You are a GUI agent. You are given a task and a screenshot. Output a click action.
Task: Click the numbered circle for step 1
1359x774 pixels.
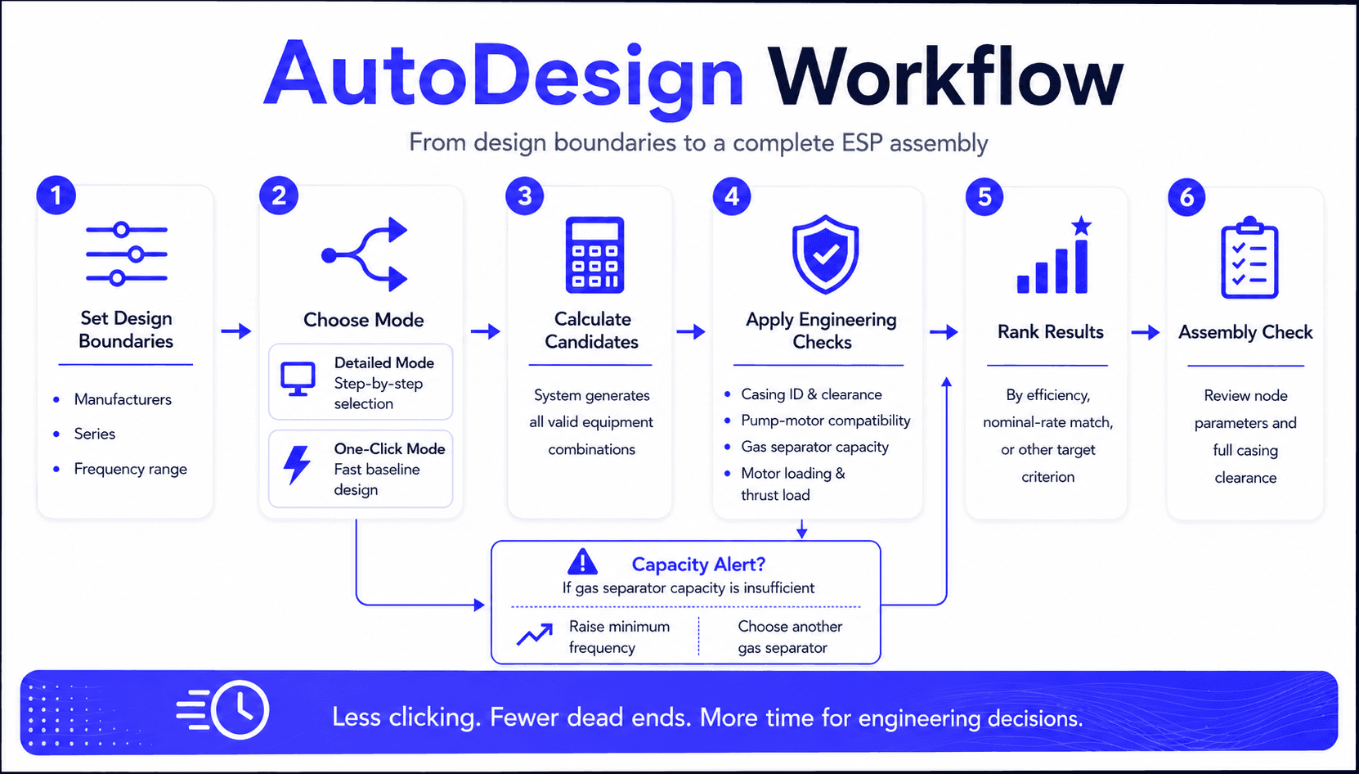[x=56, y=196]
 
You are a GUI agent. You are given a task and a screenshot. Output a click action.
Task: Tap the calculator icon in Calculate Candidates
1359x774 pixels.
[x=594, y=255]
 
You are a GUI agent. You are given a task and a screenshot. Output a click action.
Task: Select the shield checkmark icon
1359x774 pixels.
[x=825, y=254]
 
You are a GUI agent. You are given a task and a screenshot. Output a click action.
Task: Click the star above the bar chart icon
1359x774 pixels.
[x=1081, y=226]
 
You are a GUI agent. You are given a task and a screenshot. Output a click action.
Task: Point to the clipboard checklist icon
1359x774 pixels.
[x=1249, y=258]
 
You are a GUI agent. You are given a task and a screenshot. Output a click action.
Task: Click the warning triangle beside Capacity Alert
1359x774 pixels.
[x=582, y=561]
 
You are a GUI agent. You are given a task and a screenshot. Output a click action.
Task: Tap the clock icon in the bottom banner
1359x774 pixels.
[x=240, y=709]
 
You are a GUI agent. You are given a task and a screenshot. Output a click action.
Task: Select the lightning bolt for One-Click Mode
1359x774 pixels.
[x=298, y=465]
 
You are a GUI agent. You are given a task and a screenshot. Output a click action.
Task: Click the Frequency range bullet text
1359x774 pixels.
[x=131, y=469]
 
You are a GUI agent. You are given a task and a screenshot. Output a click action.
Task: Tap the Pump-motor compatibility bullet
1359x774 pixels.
[x=826, y=421]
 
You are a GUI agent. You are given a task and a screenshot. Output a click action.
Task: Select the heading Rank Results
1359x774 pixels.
[x=1050, y=332]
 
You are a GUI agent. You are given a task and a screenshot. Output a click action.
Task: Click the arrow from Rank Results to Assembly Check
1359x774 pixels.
[x=1146, y=332]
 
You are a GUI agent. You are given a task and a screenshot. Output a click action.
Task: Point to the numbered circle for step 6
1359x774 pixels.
[x=1186, y=196]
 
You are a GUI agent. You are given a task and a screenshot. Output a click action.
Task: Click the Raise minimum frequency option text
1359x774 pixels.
[x=619, y=637]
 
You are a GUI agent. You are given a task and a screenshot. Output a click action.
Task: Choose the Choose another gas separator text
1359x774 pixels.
[x=790, y=637]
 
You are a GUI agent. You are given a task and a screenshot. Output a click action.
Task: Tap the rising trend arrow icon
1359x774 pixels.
[x=535, y=634]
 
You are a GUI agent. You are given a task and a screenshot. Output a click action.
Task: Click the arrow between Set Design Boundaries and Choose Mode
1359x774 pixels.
[x=236, y=331]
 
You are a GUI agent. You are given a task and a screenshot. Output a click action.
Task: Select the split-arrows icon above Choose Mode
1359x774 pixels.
[x=364, y=254]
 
